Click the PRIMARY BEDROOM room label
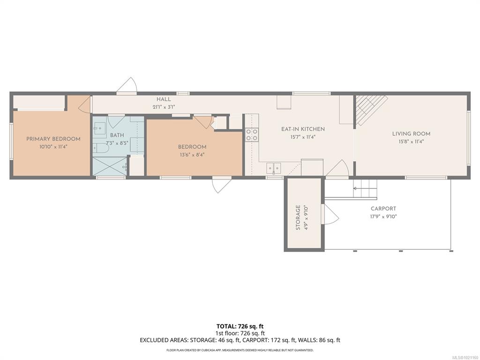[x=53, y=139]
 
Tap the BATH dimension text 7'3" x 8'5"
[x=117, y=143]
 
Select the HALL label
[x=164, y=99]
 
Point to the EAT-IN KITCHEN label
[x=303, y=129]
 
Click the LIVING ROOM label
[x=411, y=134]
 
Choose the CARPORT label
[x=383, y=209]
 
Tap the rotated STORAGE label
[x=298, y=217]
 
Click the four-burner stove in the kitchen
[x=252, y=135]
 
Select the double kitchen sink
[x=273, y=168]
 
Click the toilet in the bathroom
[x=101, y=148]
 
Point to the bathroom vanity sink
[x=99, y=128]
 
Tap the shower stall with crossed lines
[x=110, y=166]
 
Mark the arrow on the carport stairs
[x=358, y=188]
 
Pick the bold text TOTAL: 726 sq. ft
[x=240, y=326]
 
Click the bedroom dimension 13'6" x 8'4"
[x=192, y=155]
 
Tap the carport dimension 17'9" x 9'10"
[x=383, y=217]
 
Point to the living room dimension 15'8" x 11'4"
[x=411, y=142]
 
